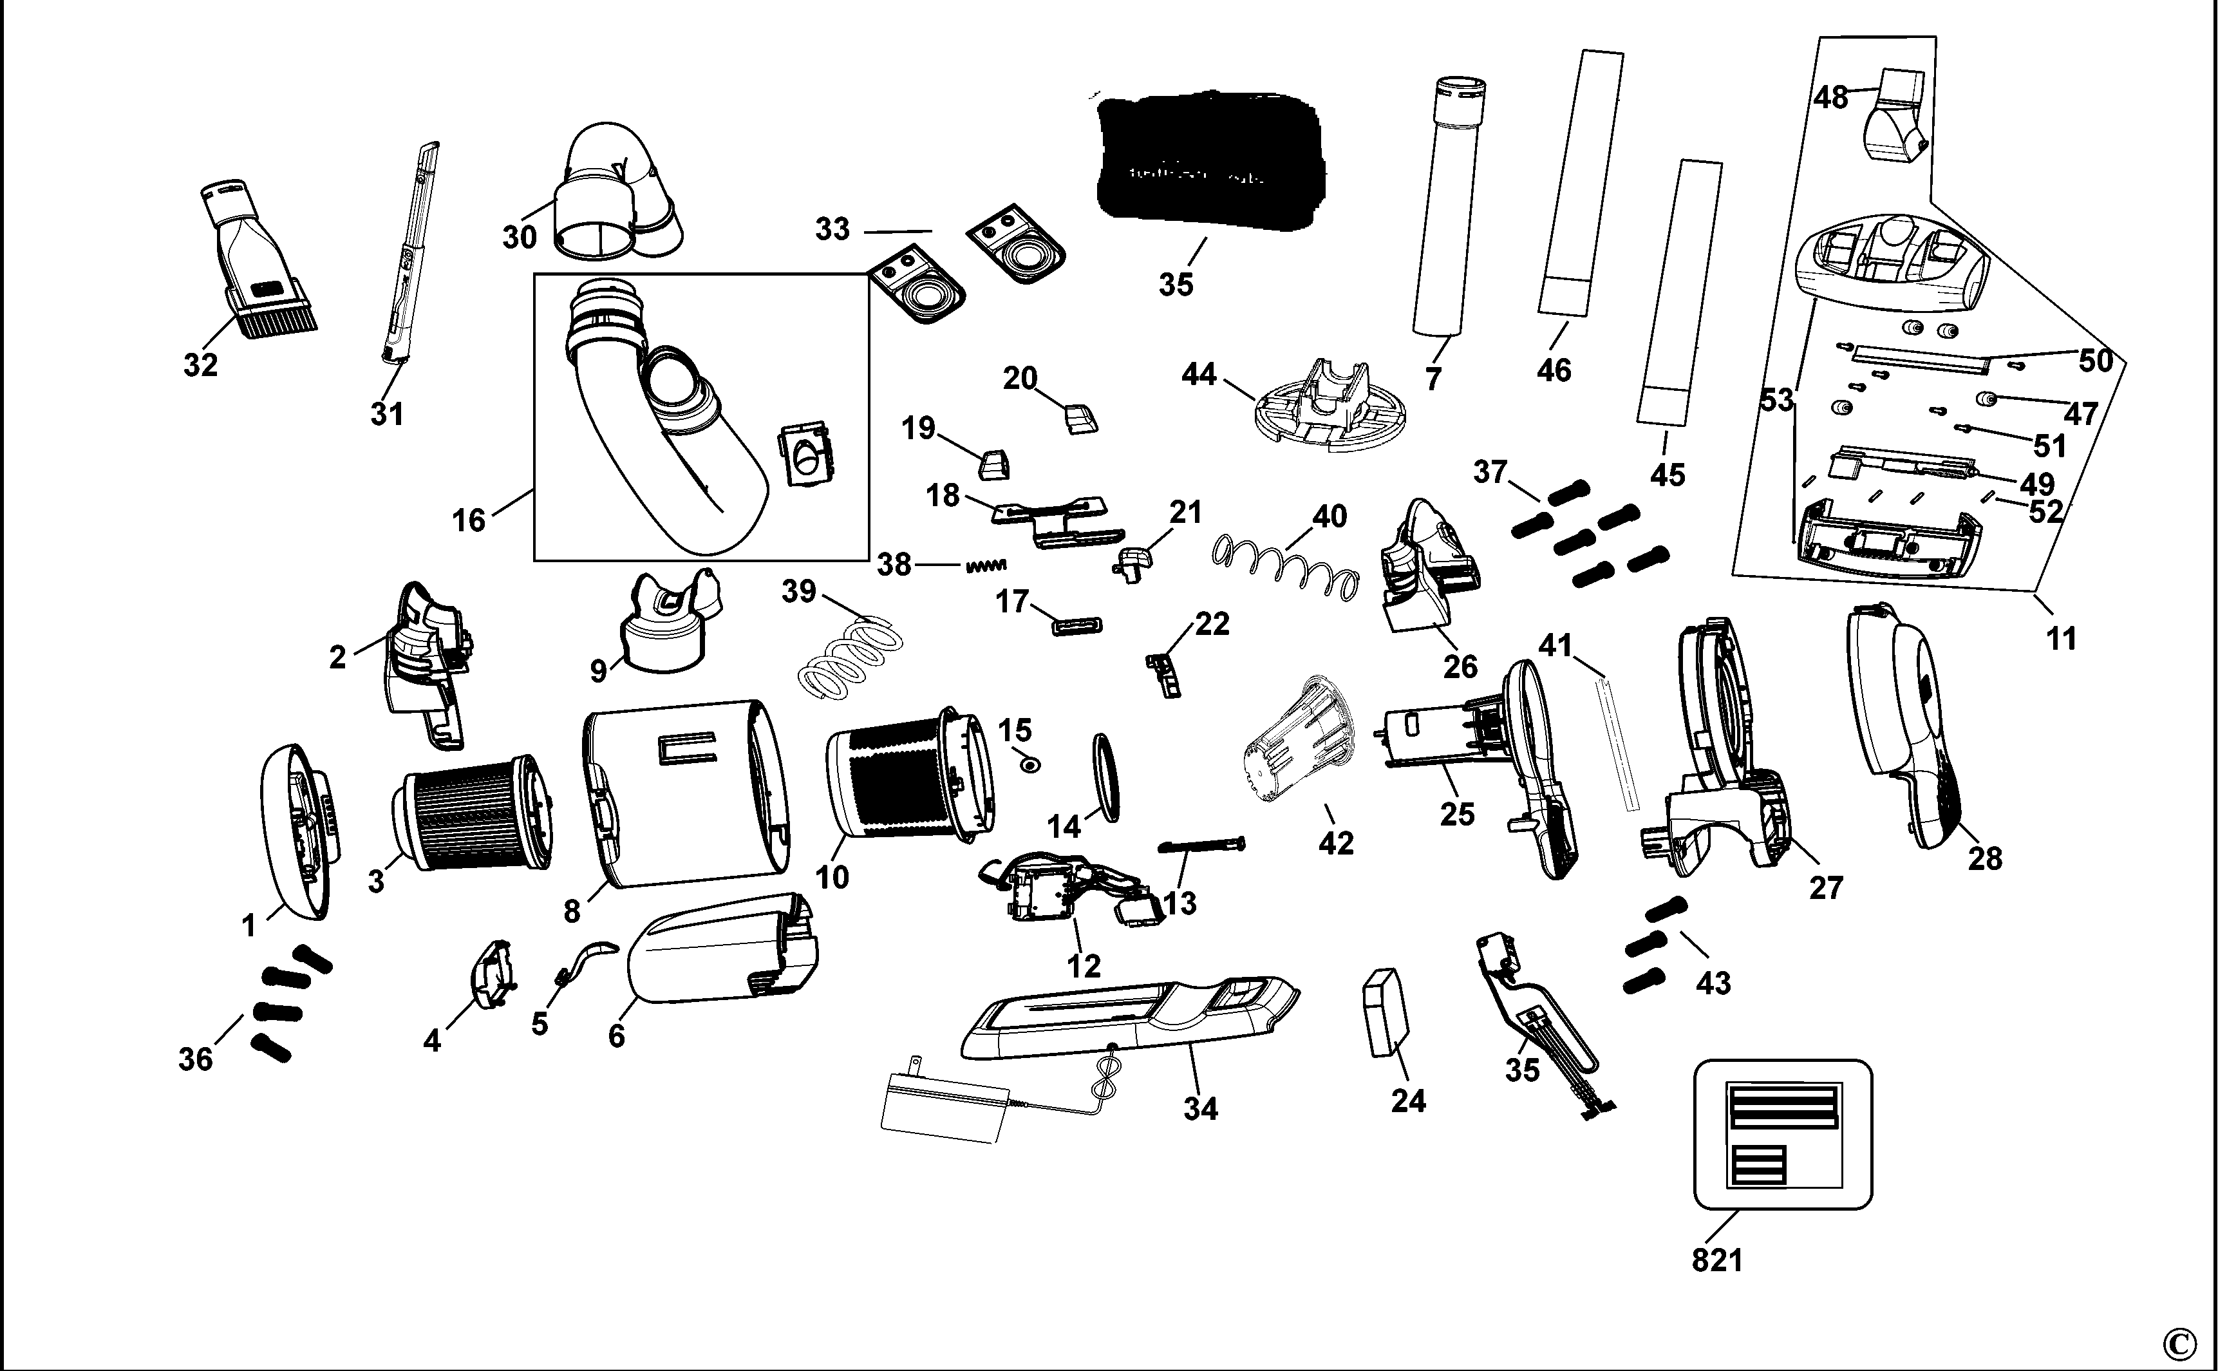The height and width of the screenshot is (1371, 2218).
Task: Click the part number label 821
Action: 1716,1260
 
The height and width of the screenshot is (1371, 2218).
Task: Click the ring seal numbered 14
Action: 1107,778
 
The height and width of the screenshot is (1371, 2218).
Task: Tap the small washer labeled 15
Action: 1029,765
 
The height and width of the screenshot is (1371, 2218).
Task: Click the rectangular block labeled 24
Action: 1387,1012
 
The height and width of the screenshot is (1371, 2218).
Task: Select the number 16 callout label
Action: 469,520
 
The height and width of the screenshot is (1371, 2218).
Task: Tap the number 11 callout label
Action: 2061,638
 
